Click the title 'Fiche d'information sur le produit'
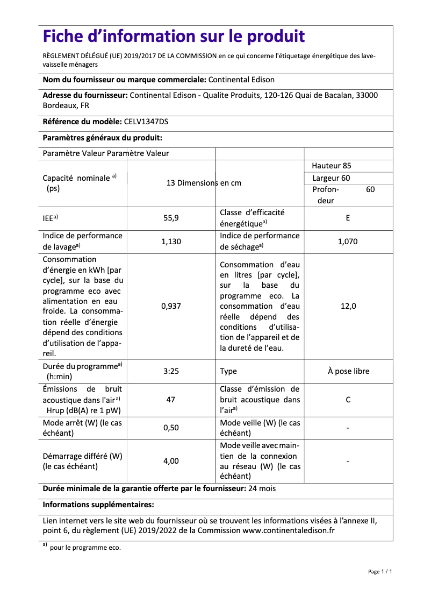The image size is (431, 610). pyautogui.click(x=174, y=37)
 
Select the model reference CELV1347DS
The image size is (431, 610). pyautogui.click(x=146, y=122)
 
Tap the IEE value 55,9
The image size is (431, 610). pyautogui.click(x=171, y=218)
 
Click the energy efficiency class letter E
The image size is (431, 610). pyautogui.click(x=348, y=218)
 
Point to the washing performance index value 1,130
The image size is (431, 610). pyautogui.click(x=171, y=242)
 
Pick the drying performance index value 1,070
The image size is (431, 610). pyautogui.click(x=348, y=242)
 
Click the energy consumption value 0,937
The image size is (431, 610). pyautogui.click(x=171, y=306)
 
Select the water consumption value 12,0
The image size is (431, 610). pyautogui.click(x=348, y=306)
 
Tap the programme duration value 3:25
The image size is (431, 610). pyautogui.click(x=171, y=371)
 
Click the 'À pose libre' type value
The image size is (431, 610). pyautogui.click(x=348, y=371)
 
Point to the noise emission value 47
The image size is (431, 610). pyautogui.click(x=171, y=400)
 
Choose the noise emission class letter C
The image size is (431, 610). pyautogui.click(x=348, y=400)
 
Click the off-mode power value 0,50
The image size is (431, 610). pyautogui.click(x=171, y=428)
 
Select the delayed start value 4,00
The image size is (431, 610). pyautogui.click(x=171, y=461)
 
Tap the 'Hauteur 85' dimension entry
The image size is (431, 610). pyautogui.click(x=332, y=166)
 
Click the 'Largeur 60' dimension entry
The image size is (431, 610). pyautogui.click(x=331, y=178)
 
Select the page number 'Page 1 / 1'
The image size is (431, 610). pyautogui.click(x=380, y=571)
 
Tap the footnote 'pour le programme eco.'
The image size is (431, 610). pyautogui.click(x=85, y=548)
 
